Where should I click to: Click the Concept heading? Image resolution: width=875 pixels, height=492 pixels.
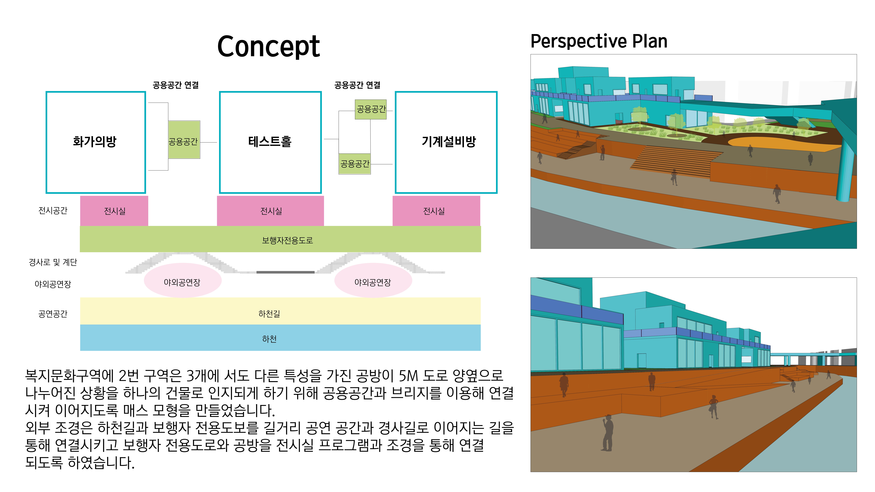pyautogui.click(x=268, y=47)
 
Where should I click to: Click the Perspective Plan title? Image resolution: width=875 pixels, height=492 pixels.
pyautogui.click(x=599, y=41)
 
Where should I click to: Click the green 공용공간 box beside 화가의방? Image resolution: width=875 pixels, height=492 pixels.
pyautogui.click(x=184, y=140)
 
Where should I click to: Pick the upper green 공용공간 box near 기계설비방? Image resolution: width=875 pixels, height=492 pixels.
pyautogui.click(x=371, y=109)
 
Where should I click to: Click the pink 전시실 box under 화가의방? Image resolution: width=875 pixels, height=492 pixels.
pyautogui.click(x=114, y=211)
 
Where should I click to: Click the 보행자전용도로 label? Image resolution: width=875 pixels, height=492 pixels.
pyautogui.click(x=287, y=240)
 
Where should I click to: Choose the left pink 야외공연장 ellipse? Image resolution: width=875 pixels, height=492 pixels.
pyautogui.click(x=183, y=280)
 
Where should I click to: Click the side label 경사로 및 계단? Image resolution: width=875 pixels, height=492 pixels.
pyautogui.click(x=53, y=262)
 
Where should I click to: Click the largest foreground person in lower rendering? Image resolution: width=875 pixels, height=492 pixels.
pyautogui.click(x=607, y=433)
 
